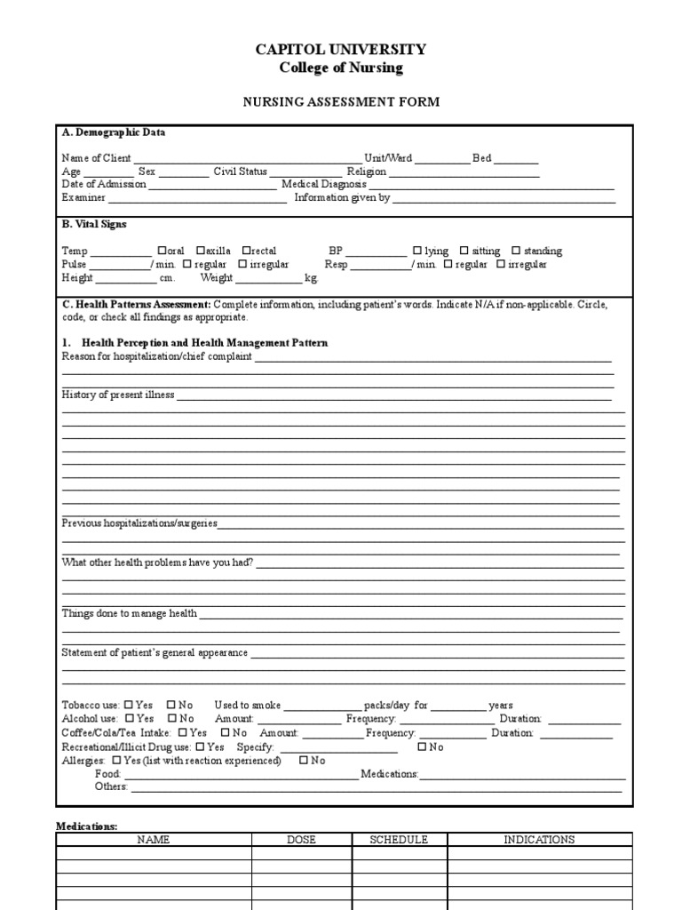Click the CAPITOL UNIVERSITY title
[x=341, y=50]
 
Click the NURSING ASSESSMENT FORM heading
[x=341, y=102]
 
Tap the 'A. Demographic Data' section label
[x=114, y=132]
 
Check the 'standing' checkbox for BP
[x=516, y=251]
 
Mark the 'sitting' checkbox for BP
[x=464, y=251]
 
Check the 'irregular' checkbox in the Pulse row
[x=242, y=264]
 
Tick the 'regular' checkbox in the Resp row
[x=448, y=264]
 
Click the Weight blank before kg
[x=269, y=278]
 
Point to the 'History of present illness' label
[x=118, y=395]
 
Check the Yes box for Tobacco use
[x=130, y=705]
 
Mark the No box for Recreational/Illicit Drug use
[x=422, y=746]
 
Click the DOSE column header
[x=302, y=839]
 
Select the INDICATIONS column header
[x=539, y=839]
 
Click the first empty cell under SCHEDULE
[x=399, y=853]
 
